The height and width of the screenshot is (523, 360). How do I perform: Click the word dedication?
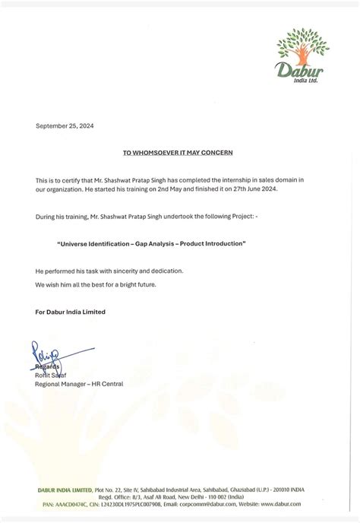(x=161, y=271)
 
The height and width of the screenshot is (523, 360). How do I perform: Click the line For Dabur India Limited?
(x=70, y=312)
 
